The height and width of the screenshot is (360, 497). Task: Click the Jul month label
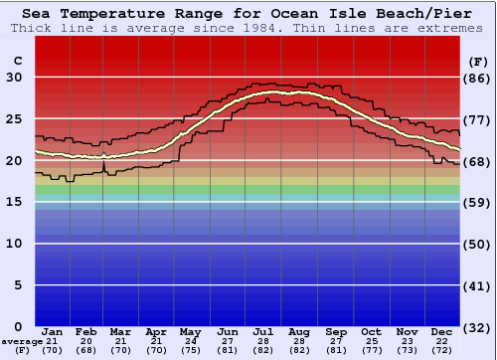coord(263,331)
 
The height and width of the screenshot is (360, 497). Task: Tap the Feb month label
coord(86,331)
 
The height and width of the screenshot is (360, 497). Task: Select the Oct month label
coord(371,331)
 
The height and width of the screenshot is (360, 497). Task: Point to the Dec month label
coord(442,331)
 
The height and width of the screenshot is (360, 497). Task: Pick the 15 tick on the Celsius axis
coord(14,202)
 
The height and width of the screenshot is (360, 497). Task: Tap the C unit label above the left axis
coord(17,61)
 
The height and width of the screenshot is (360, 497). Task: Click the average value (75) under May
coord(191,350)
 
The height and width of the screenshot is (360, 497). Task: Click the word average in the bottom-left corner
coord(22,341)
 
